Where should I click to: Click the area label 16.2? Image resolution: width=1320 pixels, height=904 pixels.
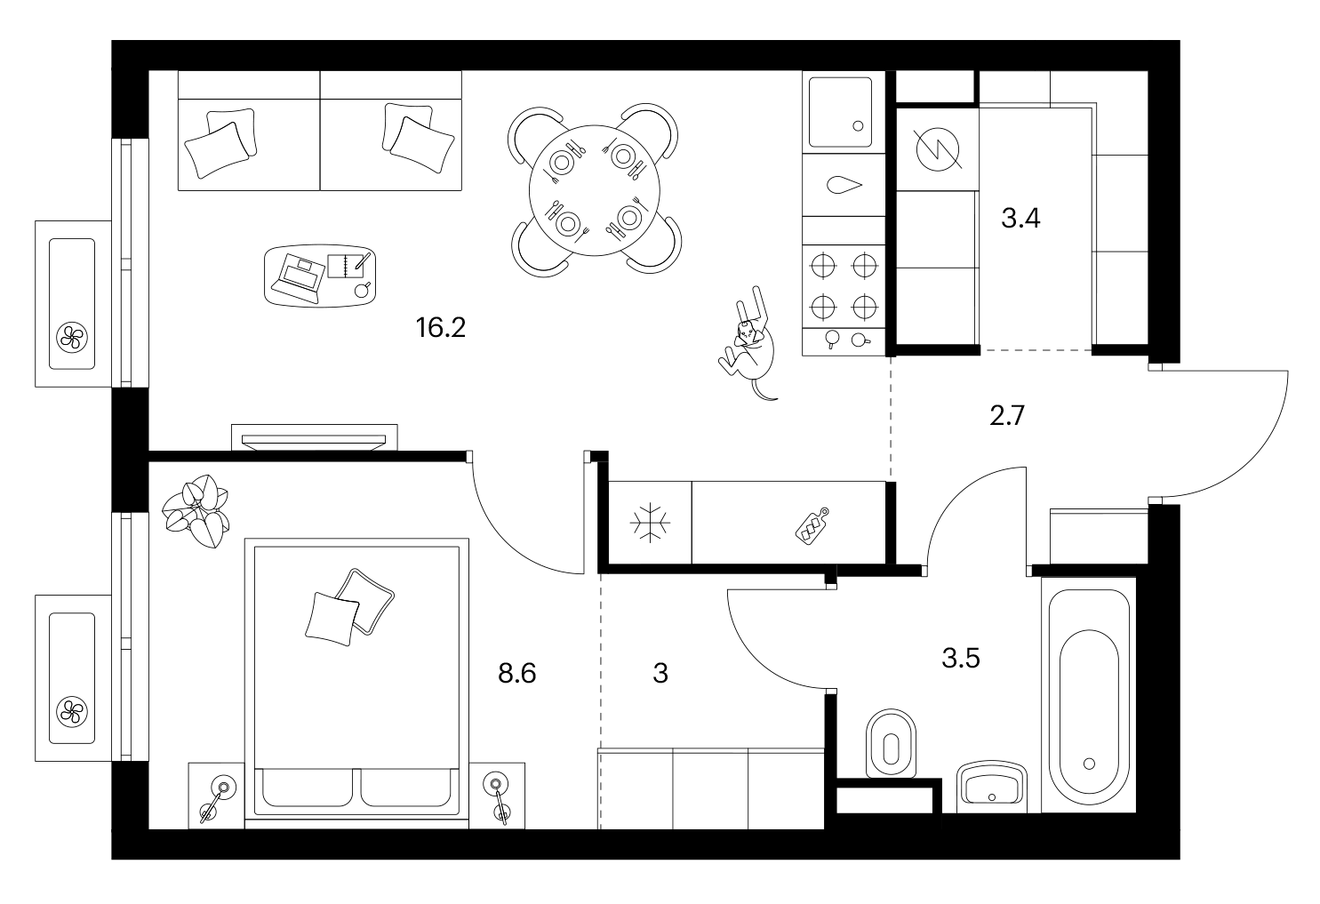[x=441, y=328]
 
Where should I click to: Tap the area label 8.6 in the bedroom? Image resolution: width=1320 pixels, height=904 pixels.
[x=516, y=673]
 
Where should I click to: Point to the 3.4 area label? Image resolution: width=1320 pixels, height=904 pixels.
[x=1020, y=218]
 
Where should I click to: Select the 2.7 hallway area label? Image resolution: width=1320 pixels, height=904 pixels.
[x=1007, y=415]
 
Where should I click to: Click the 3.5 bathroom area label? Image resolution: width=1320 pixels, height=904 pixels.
[x=961, y=659]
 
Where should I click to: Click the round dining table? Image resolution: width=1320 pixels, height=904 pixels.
[x=594, y=190]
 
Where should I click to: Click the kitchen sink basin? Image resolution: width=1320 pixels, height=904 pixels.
[x=840, y=112]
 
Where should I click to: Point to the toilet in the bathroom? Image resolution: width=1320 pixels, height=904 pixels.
[x=891, y=743]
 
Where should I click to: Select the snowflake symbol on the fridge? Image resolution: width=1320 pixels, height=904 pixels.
[x=650, y=522]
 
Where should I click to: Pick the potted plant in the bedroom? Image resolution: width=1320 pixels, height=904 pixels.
[x=196, y=511]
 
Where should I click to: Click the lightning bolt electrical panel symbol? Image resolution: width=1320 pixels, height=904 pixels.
[x=938, y=149]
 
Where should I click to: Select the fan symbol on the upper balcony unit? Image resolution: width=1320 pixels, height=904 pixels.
[x=72, y=339]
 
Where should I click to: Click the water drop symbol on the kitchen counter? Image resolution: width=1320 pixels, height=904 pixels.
[x=844, y=185]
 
